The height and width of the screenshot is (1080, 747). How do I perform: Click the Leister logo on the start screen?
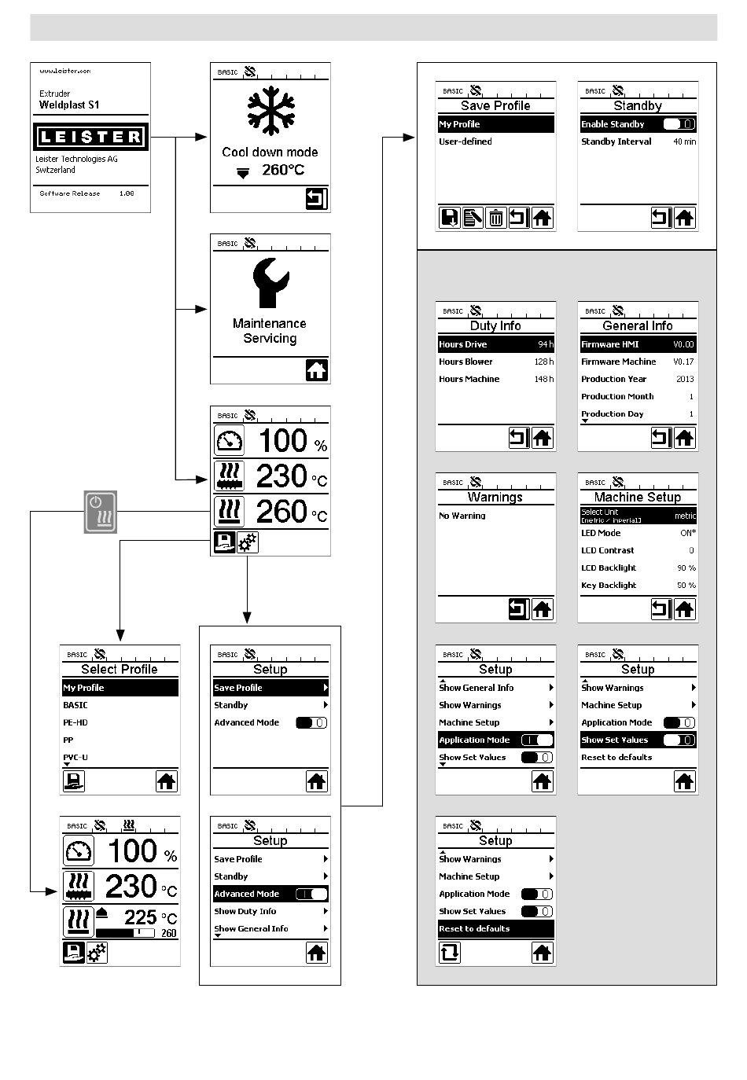click(x=90, y=137)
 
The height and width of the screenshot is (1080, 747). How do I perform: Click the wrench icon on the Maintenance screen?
click(x=270, y=282)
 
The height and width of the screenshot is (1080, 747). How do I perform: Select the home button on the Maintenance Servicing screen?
click(x=316, y=370)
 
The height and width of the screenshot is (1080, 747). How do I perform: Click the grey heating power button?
click(x=101, y=512)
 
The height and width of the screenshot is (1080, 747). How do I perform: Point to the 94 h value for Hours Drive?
click(x=545, y=344)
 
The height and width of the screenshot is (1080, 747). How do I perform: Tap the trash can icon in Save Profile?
click(x=495, y=218)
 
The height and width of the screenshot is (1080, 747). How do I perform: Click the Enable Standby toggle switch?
click(x=679, y=124)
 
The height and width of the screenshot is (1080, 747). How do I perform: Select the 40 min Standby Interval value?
click(x=684, y=141)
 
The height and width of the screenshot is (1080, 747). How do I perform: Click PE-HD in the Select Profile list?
click(x=75, y=722)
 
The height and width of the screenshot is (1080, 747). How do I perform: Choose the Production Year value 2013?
click(x=685, y=379)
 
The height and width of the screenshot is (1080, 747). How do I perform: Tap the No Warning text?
click(x=462, y=516)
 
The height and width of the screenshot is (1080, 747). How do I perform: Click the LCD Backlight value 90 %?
click(x=686, y=568)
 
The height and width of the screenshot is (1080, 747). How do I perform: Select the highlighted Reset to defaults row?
click(x=495, y=928)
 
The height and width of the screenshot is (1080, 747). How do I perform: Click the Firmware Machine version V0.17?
click(x=683, y=362)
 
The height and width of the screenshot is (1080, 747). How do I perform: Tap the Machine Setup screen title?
click(x=638, y=497)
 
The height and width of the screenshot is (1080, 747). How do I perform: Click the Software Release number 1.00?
click(x=127, y=193)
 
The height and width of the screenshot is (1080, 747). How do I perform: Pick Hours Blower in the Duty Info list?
click(x=465, y=362)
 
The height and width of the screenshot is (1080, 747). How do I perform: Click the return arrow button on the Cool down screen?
click(x=316, y=199)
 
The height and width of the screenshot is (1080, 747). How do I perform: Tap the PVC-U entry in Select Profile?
click(x=75, y=757)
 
